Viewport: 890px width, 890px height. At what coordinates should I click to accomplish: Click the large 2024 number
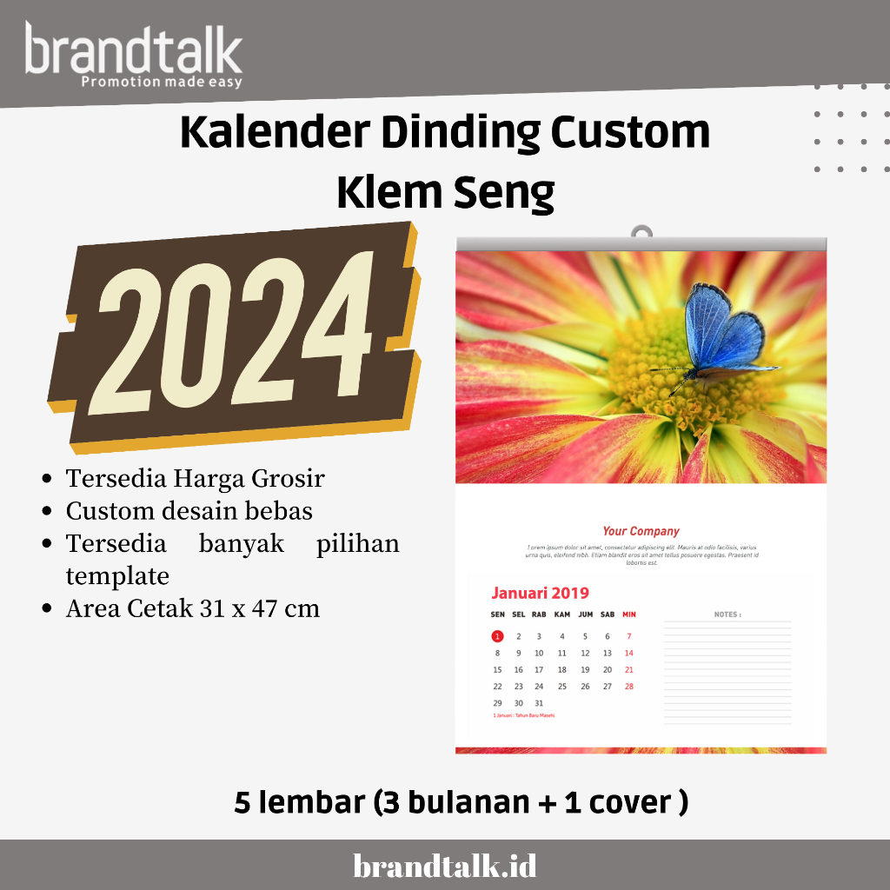(x=235, y=335)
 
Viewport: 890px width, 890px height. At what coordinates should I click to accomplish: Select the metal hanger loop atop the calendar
(x=641, y=232)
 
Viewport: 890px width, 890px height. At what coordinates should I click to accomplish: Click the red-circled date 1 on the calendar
(x=497, y=636)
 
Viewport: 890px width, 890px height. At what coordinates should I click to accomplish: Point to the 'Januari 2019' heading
(x=540, y=594)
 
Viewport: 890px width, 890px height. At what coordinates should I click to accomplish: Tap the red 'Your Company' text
(x=641, y=531)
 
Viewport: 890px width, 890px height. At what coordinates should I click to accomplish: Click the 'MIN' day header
(x=629, y=614)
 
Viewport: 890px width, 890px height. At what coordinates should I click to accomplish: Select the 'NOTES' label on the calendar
(x=727, y=614)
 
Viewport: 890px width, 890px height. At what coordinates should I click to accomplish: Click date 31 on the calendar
(x=539, y=703)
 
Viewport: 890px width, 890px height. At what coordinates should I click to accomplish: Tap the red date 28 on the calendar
(x=629, y=687)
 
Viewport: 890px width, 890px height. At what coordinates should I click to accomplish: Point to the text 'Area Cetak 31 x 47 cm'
(x=193, y=608)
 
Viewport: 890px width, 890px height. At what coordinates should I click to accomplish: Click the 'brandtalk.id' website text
(x=445, y=866)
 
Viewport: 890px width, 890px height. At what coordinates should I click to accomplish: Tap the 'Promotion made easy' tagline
(x=161, y=83)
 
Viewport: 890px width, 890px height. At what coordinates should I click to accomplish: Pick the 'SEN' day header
(x=497, y=614)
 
